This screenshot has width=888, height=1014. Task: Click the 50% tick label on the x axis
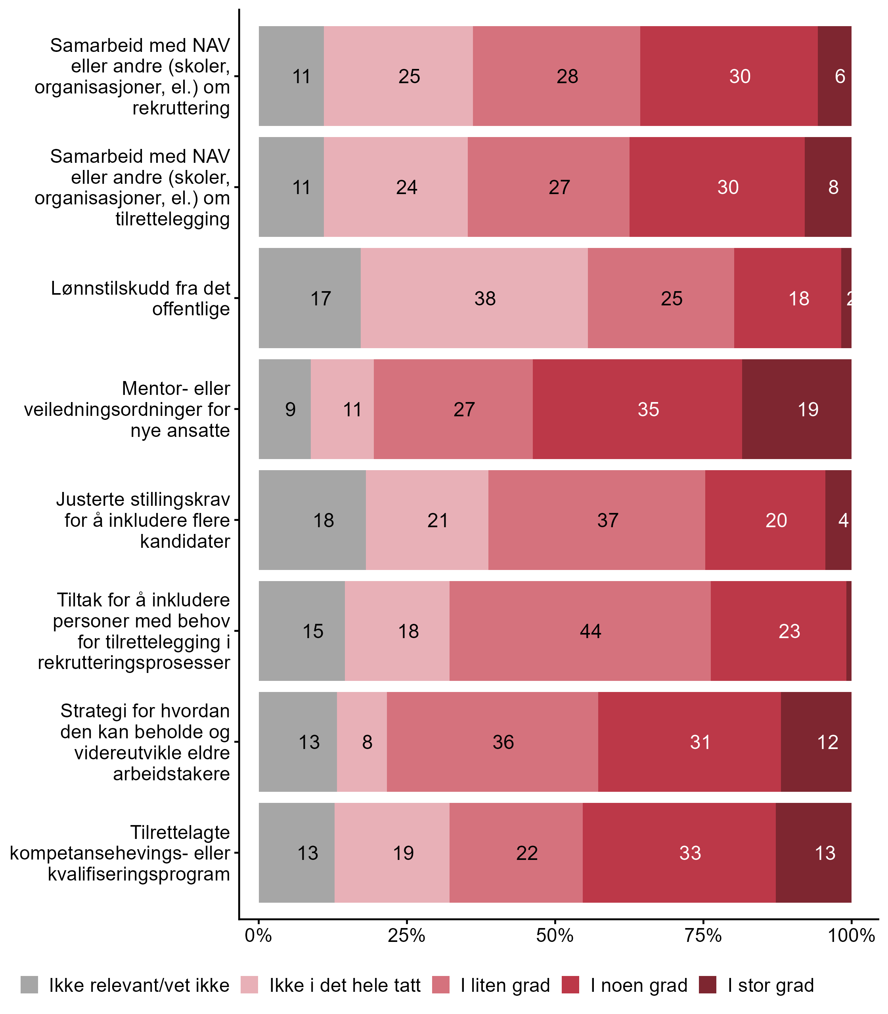(555, 936)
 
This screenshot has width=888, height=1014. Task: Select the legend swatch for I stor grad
(708, 985)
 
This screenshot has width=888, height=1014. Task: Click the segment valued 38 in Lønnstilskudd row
(474, 298)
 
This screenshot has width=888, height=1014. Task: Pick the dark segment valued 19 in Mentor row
(796, 409)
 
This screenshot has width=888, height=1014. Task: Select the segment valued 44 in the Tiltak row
(580, 631)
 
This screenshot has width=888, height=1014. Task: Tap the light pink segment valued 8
(362, 741)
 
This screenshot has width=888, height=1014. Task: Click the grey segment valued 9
(285, 409)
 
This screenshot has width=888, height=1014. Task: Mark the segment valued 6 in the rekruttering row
(834, 76)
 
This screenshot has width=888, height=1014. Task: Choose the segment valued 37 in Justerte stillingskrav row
(597, 520)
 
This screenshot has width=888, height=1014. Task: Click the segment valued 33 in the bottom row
(679, 852)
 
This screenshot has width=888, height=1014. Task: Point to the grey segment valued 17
(310, 298)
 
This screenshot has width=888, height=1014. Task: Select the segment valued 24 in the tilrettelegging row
(396, 187)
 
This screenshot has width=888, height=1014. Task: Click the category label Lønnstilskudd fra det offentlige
(141, 298)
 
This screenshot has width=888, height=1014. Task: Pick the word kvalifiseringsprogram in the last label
(139, 874)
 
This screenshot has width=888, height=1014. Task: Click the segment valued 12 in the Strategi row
(816, 741)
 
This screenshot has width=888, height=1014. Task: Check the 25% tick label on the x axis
(406, 936)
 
